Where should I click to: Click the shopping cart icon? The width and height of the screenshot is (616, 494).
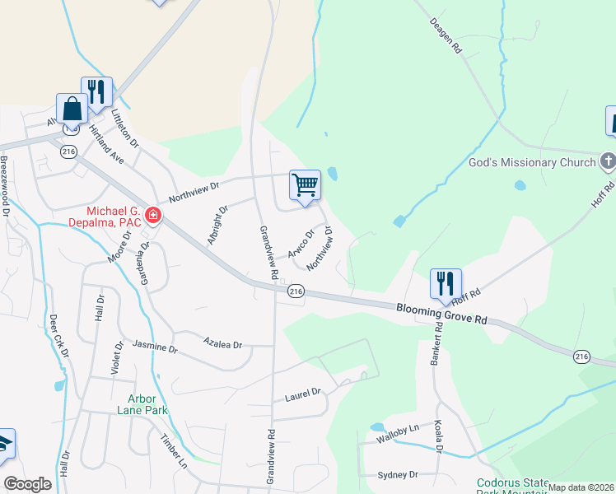click(305, 184)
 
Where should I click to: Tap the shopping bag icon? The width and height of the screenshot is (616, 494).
click(72, 109)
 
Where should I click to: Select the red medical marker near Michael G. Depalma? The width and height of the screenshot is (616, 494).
click(152, 217)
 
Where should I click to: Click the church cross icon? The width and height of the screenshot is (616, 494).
click(608, 161)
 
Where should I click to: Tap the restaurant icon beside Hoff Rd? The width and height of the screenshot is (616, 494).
click(446, 283)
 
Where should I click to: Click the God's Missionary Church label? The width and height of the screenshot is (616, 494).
click(531, 162)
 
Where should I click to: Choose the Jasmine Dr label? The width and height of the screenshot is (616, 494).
click(155, 347)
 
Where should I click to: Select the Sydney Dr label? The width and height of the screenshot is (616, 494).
click(398, 475)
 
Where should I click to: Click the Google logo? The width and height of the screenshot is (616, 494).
click(27, 484)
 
